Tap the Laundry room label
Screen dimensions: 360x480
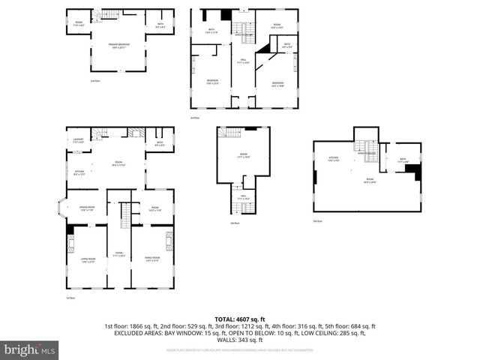point(78,140)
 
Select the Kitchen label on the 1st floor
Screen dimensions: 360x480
point(78,174)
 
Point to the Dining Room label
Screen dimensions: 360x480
point(87,208)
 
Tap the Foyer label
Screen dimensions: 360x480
point(119,253)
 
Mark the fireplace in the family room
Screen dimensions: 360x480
point(169,242)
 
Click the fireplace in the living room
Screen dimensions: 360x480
point(71,242)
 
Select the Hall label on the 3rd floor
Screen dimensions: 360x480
point(243,61)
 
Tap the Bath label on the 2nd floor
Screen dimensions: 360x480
point(159,25)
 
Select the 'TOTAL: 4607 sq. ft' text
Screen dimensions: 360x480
point(240,318)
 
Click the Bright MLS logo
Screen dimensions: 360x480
point(29,349)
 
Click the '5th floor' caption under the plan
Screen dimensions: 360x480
point(318,221)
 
